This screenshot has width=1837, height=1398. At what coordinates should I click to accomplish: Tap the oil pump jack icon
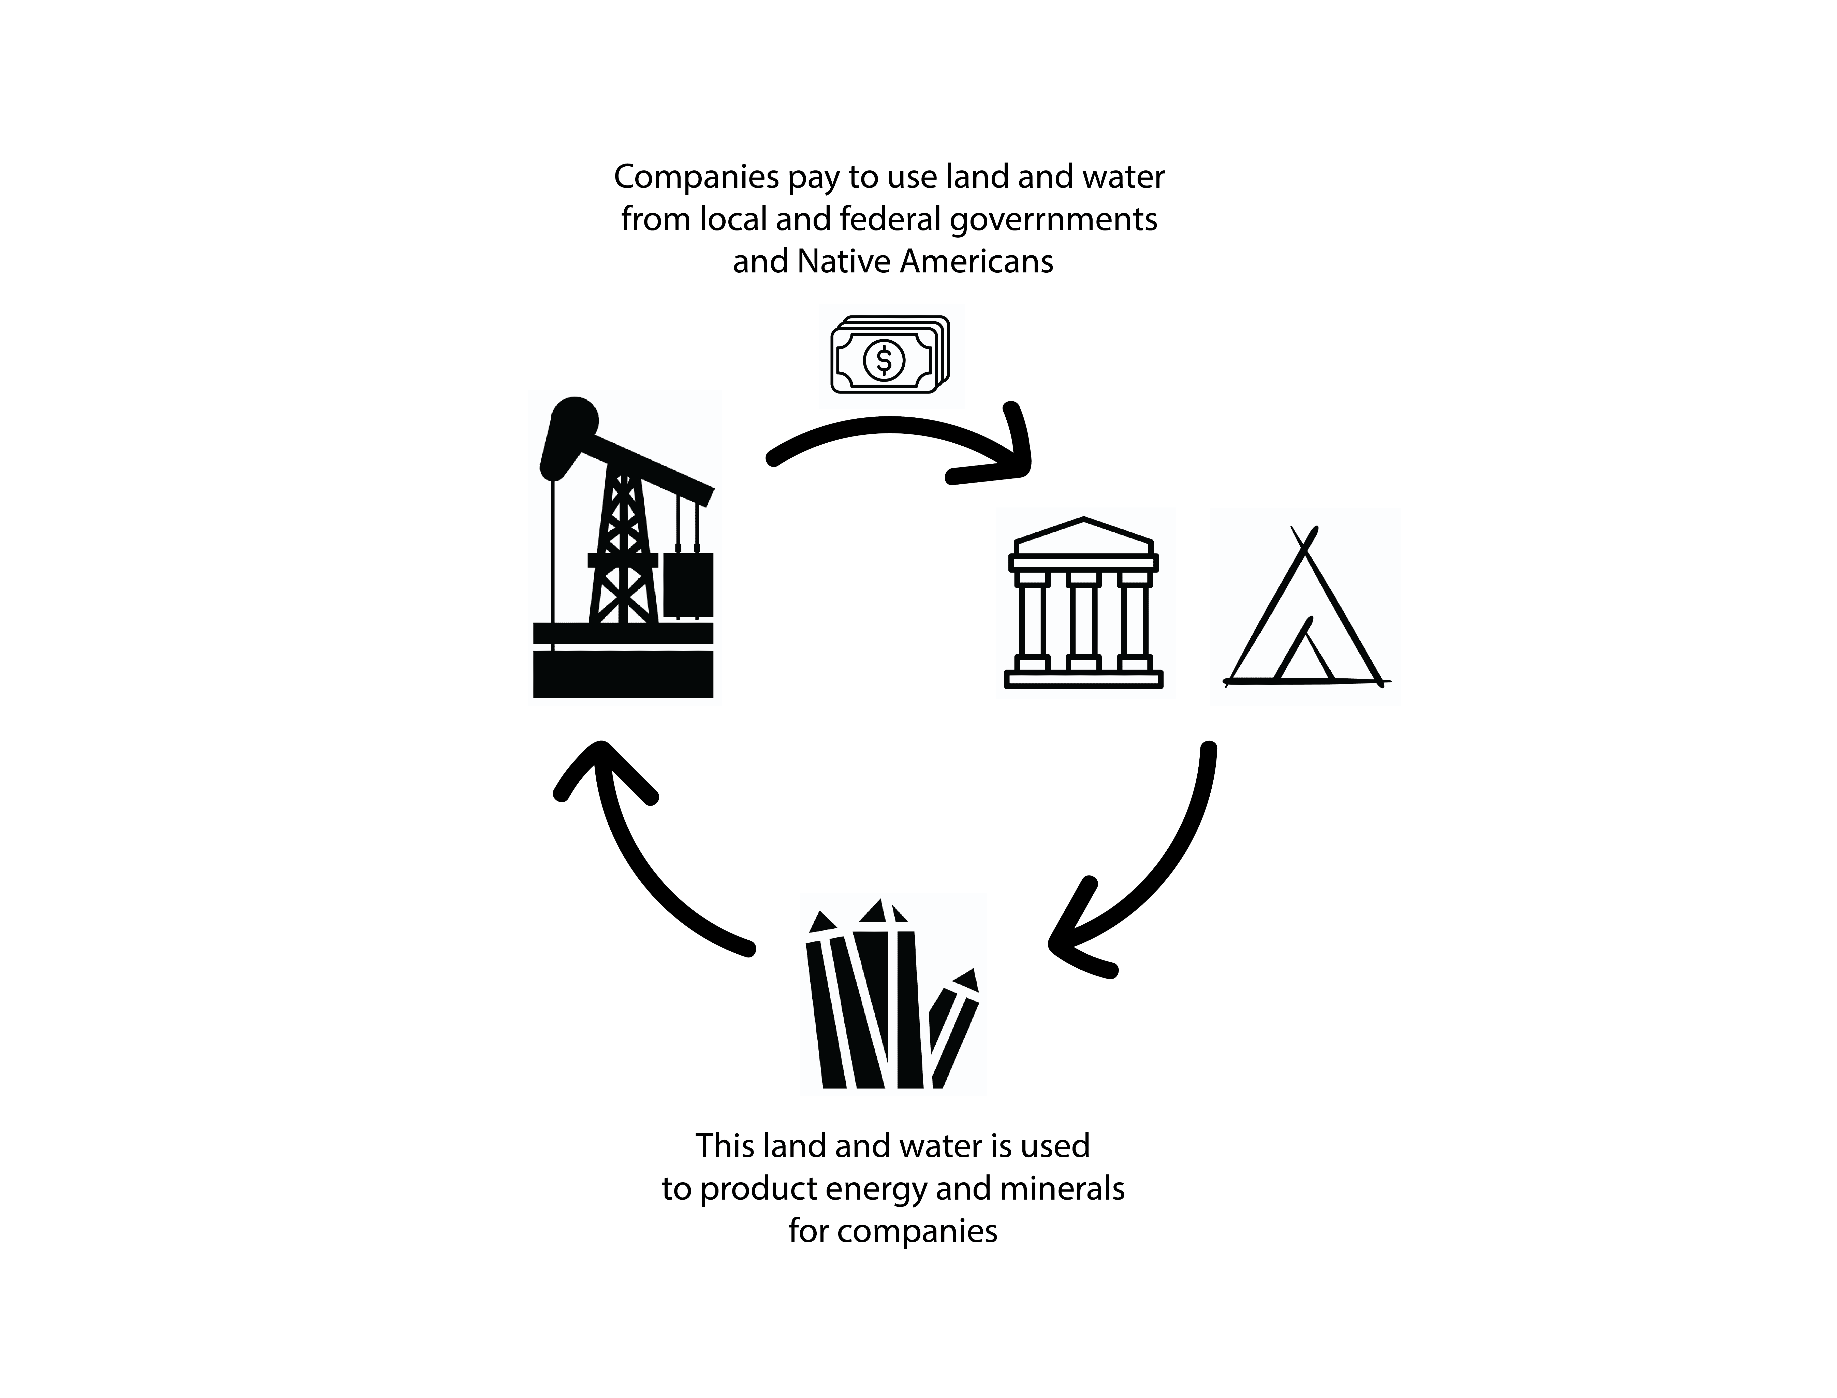coord(624,549)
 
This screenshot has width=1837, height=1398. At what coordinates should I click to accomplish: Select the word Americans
coord(977,262)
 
